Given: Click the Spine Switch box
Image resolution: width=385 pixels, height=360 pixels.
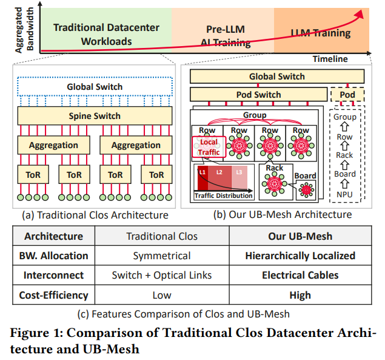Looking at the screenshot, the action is click(x=95, y=115).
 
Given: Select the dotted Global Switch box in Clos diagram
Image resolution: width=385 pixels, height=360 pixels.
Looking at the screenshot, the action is click(x=95, y=87).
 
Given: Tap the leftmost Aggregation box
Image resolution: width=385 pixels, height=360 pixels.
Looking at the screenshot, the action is click(x=53, y=145).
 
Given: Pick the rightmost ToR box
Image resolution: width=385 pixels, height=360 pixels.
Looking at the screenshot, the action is click(x=156, y=175).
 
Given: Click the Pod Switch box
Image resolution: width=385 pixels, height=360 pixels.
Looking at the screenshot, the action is click(x=258, y=95).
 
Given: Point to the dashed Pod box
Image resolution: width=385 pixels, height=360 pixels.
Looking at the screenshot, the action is click(x=347, y=95).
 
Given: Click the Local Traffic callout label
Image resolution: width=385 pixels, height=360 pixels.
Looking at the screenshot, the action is click(x=209, y=147).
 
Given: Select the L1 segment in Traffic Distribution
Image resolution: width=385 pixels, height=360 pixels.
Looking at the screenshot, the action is click(x=203, y=177).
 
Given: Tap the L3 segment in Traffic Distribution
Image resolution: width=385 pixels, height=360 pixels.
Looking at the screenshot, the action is click(x=239, y=177).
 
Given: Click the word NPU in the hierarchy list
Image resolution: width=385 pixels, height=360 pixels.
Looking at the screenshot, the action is click(x=344, y=194).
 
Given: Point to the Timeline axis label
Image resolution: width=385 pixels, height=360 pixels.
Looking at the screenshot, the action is click(x=330, y=59).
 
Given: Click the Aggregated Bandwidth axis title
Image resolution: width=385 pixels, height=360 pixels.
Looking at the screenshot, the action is click(x=24, y=30).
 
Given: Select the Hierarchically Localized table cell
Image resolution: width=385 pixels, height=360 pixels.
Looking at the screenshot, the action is click(x=300, y=256).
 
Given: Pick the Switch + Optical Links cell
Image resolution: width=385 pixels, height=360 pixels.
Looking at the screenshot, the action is click(x=162, y=275).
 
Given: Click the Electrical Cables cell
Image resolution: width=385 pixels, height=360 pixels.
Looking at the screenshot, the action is click(x=300, y=275).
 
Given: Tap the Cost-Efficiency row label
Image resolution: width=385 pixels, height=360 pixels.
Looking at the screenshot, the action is click(x=53, y=295).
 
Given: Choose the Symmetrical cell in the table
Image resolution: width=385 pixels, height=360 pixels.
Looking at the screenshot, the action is click(x=162, y=256).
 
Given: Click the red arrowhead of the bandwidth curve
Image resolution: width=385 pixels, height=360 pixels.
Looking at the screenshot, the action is click(x=360, y=14).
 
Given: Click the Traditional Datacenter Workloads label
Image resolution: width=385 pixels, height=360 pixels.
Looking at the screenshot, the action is click(x=106, y=35).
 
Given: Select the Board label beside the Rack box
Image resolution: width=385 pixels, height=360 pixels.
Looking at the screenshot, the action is click(x=305, y=175).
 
